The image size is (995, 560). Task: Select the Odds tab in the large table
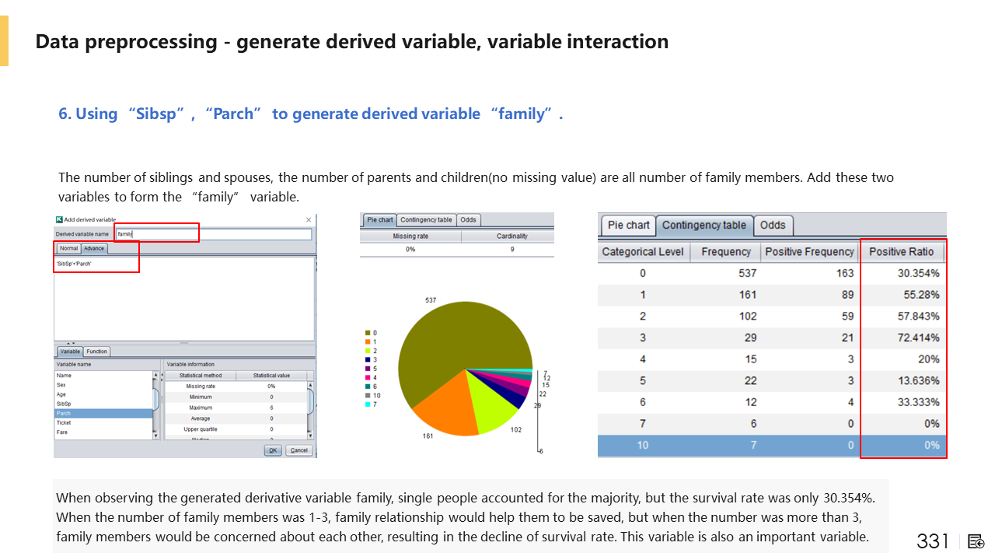(x=773, y=225)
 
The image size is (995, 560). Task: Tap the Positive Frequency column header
(x=809, y=252)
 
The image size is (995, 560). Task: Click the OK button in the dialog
(x=273, y=450)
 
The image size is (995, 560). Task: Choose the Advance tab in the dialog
(x=94, y=249)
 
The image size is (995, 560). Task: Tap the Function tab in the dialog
(x=96, y=352)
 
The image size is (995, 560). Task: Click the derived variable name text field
(x=214, y=234)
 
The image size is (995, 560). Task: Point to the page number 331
(x=933, y=541)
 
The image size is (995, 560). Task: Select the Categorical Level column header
(x=642, y=252)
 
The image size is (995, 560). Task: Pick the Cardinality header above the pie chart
(x=511, y=236)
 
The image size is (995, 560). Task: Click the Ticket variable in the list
(x=64, y=422)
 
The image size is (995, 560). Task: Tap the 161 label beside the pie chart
(x=427, y=436)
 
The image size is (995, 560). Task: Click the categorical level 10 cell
(x=642, y=445)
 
